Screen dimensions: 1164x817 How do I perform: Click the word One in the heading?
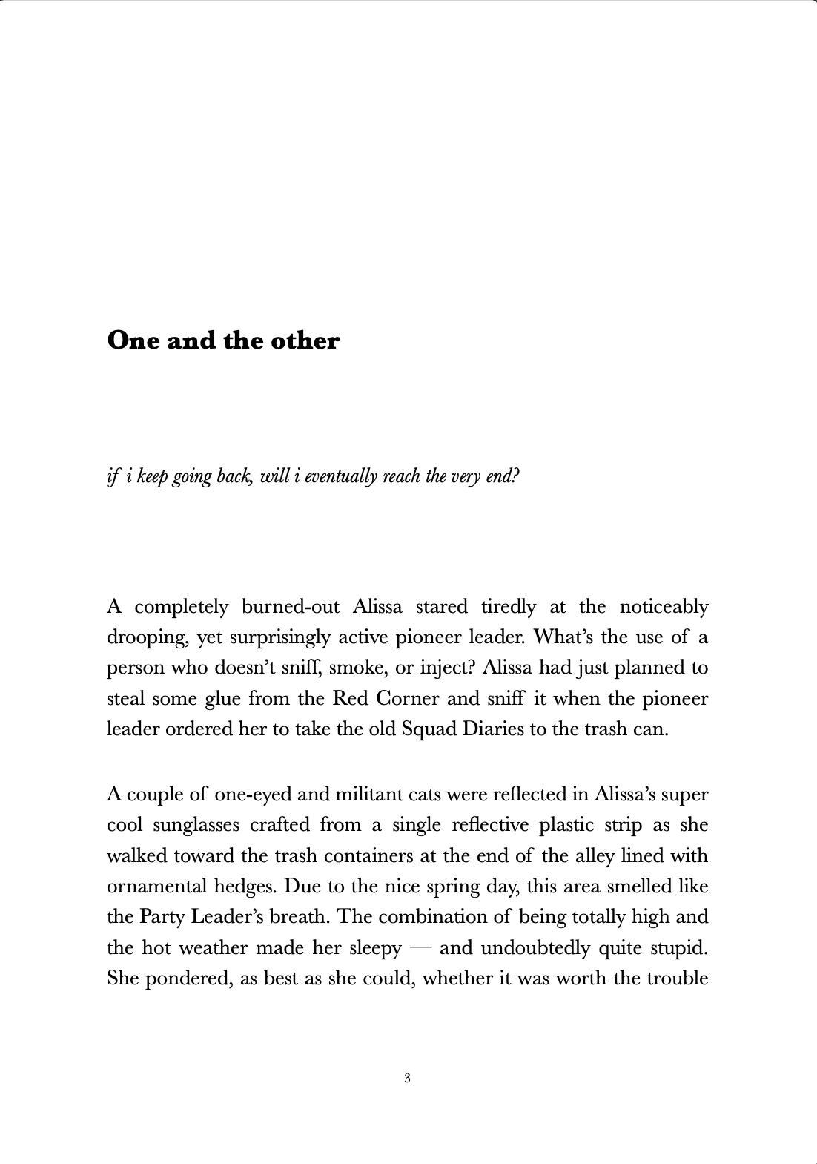133,341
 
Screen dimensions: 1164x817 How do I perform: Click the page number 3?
408,1078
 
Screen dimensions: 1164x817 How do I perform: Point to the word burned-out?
291,607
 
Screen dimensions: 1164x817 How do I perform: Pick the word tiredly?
508,607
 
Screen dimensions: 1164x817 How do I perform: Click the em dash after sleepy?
420,948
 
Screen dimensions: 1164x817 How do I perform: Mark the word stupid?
680,948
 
